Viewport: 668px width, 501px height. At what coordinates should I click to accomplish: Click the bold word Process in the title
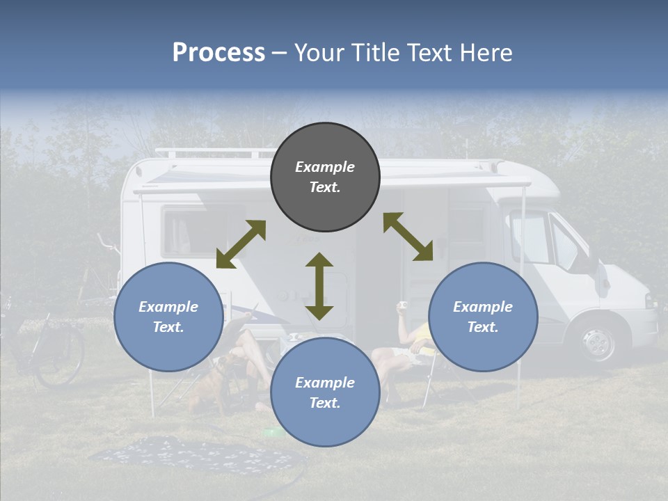218,53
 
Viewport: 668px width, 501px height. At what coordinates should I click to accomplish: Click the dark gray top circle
325,177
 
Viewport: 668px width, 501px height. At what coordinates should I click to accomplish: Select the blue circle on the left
168,317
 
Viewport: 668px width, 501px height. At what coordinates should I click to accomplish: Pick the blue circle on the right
483,317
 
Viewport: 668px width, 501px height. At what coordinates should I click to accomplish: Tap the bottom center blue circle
325,392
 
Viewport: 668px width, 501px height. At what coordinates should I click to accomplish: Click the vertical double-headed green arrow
319,286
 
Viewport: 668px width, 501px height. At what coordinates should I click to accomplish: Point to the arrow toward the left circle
241,244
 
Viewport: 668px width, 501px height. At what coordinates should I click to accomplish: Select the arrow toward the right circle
408,237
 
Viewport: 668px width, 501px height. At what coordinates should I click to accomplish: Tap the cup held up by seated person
402,305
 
